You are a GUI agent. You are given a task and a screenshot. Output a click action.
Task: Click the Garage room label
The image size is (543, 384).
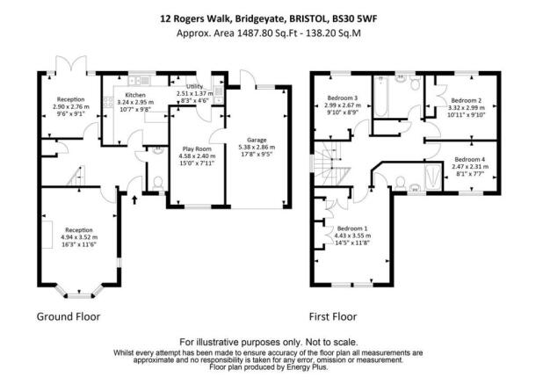(257, 140)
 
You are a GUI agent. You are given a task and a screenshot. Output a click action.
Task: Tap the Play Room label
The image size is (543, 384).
(197, 149)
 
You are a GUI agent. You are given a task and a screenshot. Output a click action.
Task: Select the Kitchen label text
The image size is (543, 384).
(135, 95)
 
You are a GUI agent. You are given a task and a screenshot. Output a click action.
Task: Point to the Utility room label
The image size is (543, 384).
(195, 86)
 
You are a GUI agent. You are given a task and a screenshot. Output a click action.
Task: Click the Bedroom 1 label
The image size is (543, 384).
(352, 228)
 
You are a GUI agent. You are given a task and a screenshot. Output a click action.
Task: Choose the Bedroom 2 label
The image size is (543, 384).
(467, 100)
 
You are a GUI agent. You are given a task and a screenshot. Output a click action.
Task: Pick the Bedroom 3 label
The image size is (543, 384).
(343, 98)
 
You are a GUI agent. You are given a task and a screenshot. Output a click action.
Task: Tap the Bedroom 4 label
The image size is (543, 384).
(469, 159)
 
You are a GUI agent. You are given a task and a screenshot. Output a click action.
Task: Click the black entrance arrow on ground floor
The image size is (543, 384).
(134, 199)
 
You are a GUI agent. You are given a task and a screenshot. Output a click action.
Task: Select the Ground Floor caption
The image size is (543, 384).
(69, 316)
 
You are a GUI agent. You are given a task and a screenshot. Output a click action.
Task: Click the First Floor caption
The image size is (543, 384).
(333, 316)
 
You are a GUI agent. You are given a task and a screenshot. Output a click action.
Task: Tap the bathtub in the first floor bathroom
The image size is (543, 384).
(380, 97)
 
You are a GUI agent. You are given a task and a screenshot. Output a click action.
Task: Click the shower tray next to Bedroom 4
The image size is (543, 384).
(433, 177)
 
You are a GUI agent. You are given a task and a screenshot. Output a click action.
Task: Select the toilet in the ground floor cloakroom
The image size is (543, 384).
(158, 183)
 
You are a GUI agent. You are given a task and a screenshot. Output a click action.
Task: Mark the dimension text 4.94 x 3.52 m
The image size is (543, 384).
(79, 237)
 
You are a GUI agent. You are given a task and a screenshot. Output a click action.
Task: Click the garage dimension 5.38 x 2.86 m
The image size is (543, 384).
(257, 147)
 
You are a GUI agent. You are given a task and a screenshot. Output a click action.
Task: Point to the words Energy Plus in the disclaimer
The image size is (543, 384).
(307, 367)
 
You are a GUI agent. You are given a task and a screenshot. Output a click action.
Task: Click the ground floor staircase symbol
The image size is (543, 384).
(76, 177)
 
